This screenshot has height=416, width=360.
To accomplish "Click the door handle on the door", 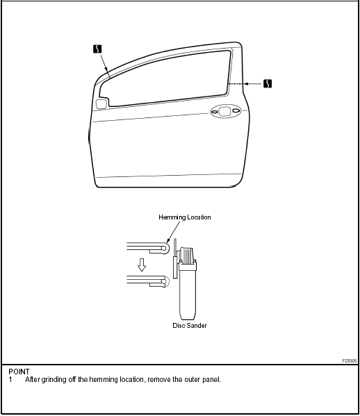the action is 226,111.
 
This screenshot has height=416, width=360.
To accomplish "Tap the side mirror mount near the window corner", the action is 101,104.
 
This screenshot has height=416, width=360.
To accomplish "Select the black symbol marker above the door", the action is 97,49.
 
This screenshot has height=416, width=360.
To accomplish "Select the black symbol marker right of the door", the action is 268,83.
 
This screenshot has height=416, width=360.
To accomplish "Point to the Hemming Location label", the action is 184,217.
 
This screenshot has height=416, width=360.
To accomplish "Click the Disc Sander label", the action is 190,326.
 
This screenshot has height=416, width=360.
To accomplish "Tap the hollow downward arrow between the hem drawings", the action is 142,265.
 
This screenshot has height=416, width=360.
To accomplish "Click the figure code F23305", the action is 350,361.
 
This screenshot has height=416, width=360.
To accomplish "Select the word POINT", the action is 19,372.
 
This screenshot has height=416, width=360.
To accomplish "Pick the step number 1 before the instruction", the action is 10,380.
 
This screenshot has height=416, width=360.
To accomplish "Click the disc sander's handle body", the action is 188,292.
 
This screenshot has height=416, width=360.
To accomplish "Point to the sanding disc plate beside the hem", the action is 175,267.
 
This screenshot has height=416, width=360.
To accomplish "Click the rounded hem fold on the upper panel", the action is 166,248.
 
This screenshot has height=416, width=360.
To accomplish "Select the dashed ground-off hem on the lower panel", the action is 166,281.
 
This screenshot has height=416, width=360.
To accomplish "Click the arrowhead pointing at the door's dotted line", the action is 246,84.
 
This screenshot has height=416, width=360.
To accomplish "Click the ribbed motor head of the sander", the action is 187,256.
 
